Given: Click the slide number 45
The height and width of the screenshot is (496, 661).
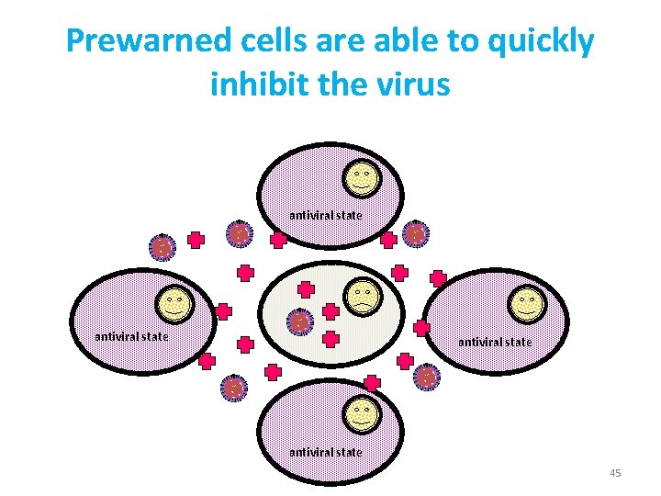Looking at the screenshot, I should [x=615, y=473].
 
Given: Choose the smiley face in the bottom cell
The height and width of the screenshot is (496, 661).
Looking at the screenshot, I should [x=361, y=415].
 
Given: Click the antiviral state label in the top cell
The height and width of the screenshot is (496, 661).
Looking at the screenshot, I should [x=326, y=215].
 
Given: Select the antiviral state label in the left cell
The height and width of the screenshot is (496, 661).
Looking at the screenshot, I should [x=132, y=336].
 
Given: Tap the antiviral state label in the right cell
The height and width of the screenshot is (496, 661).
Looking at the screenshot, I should [x=495, y=342].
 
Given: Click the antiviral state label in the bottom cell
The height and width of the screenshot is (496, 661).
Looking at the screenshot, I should [x=326, y=452].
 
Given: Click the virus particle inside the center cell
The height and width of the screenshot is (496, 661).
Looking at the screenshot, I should [x=299, y=323].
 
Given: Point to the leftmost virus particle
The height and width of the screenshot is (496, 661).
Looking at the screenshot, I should [x=162, y=247].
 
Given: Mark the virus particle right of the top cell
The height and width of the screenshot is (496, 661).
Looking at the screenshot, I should [x=415, y=234].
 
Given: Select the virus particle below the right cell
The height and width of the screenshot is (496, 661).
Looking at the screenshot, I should [x=426, y=377].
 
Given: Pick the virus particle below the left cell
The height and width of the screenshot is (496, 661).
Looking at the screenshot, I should [x=234, y=389].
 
